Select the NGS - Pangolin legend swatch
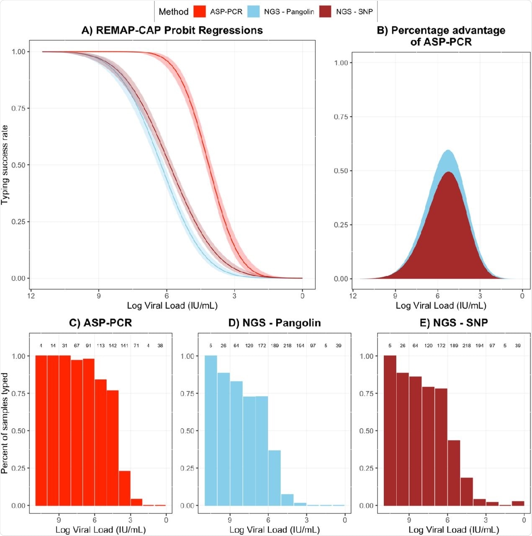[254, 11]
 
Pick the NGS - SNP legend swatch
[326, 11]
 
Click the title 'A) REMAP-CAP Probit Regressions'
[172, 30]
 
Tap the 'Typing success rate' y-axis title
[5, 165]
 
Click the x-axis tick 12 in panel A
[31, 296]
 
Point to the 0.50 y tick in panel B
[341, 171]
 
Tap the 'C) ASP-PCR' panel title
[100, 323]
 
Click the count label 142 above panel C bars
[112, 346]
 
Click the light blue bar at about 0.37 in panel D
[274, 477]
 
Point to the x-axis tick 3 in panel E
[486, 520]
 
